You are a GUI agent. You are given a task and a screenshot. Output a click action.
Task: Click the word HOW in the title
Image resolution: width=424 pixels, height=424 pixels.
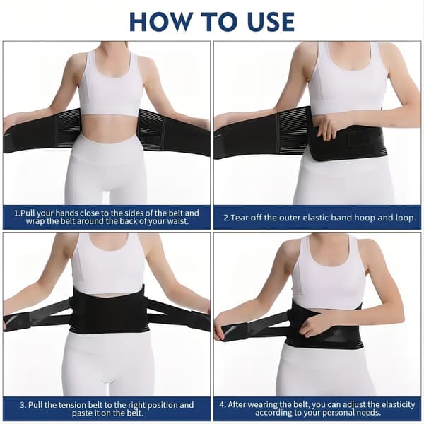pyautogui.click(x=160, y=22)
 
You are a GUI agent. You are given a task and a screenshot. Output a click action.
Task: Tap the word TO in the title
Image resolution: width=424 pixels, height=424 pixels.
pyautogui.click(x=218, y=22)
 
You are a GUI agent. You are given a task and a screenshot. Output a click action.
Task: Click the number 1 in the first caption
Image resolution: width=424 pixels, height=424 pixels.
pyautogui.click(x=16, y=213)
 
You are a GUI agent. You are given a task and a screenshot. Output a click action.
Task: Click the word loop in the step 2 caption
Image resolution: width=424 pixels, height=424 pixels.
pyautogui.click(x=405, y=218)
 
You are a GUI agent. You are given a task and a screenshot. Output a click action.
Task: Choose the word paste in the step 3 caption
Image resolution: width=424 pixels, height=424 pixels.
pyautogui.click(x=81, y=413)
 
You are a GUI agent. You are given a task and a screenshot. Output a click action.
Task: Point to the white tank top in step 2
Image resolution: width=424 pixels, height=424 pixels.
pyautogui.click(x=347, y=78)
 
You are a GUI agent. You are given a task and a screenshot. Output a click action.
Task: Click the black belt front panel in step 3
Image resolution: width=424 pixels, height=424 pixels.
pyautogui.click(x=108, y=310)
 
